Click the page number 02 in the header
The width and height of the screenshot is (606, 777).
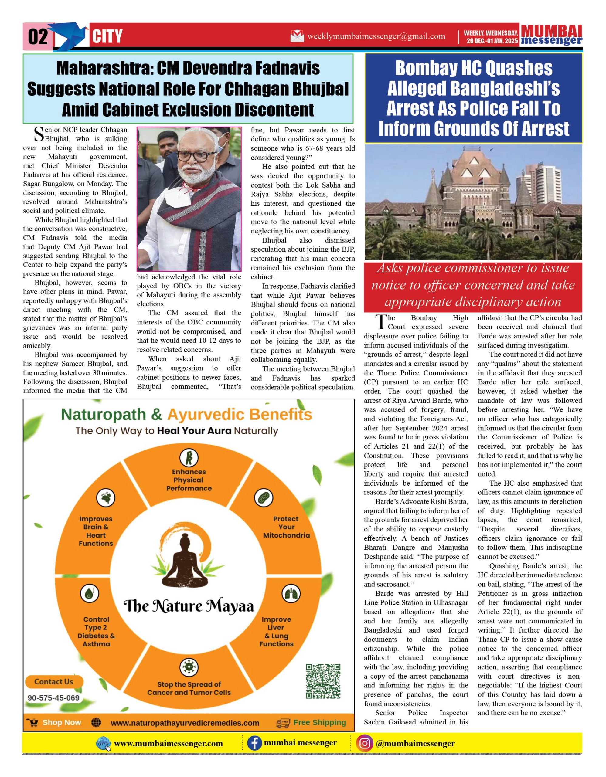[38, 37]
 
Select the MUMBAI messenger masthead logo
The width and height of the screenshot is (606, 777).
[551, 35]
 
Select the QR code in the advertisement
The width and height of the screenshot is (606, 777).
[323, 681]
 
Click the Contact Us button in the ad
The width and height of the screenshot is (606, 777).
[54, 682]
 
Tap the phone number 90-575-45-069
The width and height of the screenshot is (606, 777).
[54, 698]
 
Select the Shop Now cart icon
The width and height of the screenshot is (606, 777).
[33, 723]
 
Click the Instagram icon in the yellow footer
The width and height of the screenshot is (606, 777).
[364, 744]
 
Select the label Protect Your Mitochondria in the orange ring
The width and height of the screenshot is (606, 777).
[286, 527]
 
